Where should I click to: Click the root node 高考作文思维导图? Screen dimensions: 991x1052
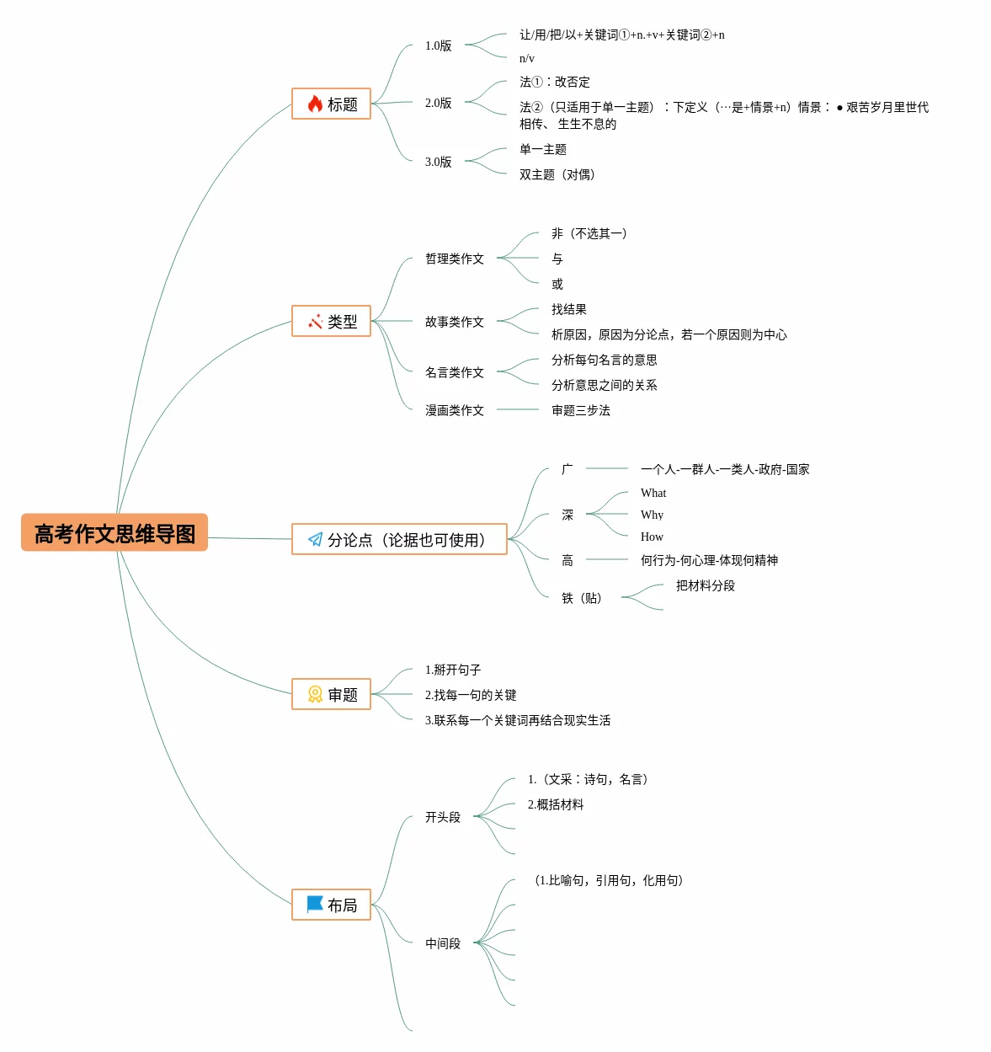click(x=115, y=533)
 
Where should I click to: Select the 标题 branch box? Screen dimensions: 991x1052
click(x=331, y=104)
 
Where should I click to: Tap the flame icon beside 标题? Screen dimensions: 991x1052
click(x=315, y=104)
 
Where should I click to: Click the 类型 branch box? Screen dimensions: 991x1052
click(x=331, y=321)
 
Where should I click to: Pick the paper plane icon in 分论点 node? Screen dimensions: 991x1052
click(x=315, y=539)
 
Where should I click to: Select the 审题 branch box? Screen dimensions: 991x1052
click(x=331, y=694)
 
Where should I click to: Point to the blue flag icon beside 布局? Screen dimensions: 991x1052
click(x=315, y=904)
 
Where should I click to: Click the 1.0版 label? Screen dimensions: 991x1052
click(x=438, y=45)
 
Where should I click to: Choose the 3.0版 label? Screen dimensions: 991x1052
click(x=438, y=162)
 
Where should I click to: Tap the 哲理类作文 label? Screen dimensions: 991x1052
click(x=454, y=259)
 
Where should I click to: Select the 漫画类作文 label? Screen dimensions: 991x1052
click(x=454, y=410)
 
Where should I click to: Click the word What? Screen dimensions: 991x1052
click(x=653, y=493)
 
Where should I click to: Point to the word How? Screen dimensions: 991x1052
click(x=652, y=537)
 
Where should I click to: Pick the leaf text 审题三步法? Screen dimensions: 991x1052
click(x=580, y=410)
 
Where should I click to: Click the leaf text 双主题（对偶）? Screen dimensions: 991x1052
click(x=557, y=174)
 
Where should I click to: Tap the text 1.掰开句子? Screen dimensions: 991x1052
click(x=452, y=670)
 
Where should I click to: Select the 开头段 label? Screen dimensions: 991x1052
click(x=442, y=817)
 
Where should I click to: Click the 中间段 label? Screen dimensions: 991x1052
click(x=442, y=943)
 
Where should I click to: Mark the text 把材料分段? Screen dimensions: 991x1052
click(x=705, y=585)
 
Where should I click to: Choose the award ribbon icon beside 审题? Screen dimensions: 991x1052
click(x=315, y=694)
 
